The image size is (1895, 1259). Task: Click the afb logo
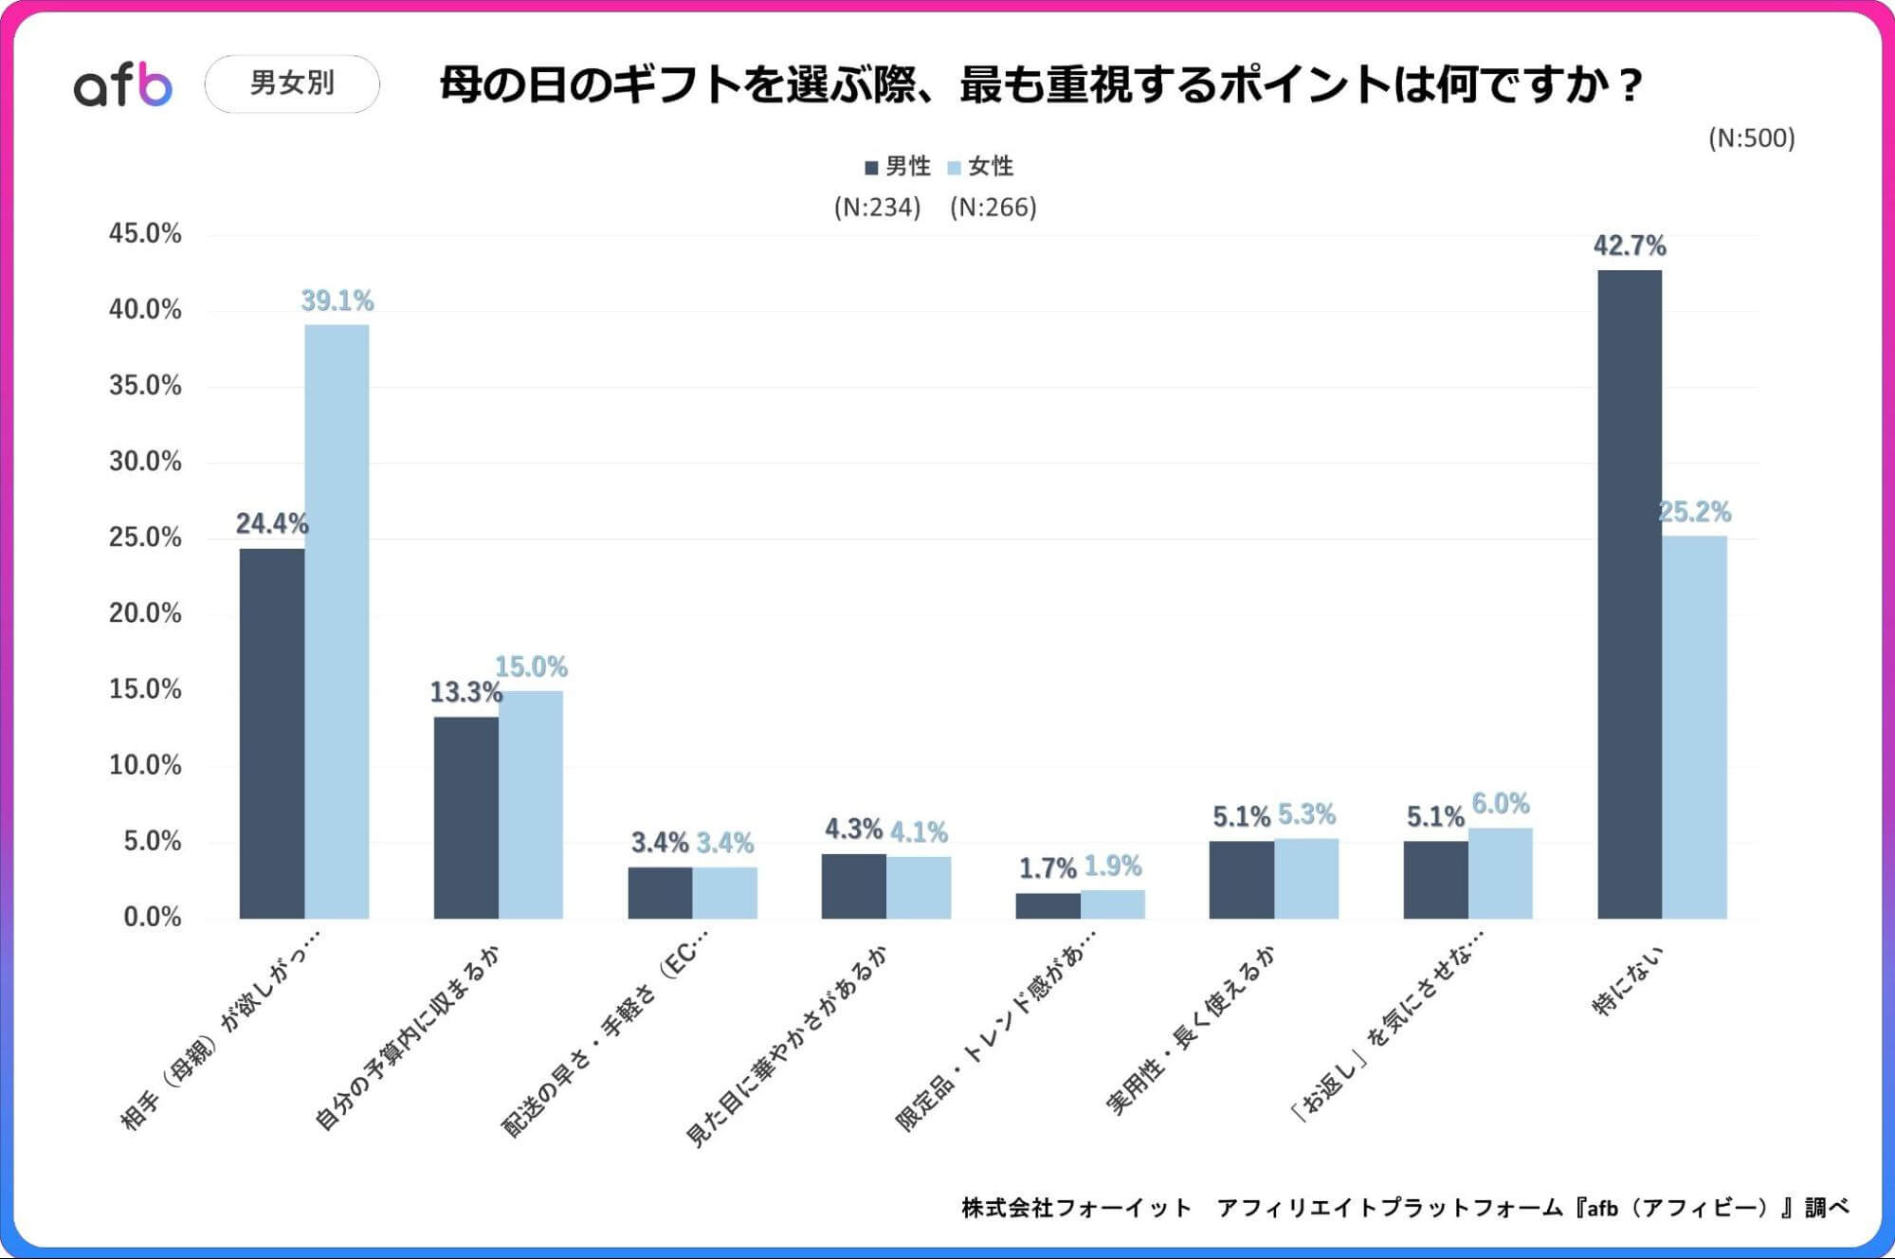123,84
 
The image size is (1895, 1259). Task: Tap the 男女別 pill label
292,83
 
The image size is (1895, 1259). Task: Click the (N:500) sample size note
1751,138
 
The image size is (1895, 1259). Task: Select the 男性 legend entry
898,167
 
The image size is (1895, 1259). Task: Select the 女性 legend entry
981,167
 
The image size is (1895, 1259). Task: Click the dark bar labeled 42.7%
1629,593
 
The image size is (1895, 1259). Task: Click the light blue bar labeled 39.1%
337,621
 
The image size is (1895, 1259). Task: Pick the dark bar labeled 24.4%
272,733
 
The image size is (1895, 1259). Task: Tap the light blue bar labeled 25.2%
1694,727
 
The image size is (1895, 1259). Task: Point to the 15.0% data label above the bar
531,667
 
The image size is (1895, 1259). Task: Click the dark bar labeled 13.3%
465,817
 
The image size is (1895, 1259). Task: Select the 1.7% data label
1047,868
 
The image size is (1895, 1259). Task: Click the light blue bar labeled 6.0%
1500,873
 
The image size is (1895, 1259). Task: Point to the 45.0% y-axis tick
145,234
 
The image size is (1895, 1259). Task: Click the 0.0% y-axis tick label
152,917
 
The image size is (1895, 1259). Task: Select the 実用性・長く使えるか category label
1191,1031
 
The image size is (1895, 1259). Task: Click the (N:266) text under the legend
993,208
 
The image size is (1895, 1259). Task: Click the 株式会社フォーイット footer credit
1076,1208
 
